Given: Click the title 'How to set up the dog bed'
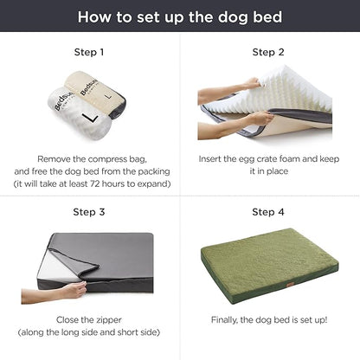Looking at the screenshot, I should pos(180,16).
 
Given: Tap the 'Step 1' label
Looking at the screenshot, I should pos(89,52).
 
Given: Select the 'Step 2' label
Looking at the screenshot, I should pos(269,52).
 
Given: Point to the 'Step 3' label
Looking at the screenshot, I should pos(89,211).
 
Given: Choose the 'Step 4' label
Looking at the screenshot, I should pos(269,211).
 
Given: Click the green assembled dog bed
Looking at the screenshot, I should pos(269,265).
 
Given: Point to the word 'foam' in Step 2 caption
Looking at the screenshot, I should pos(307,159).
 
